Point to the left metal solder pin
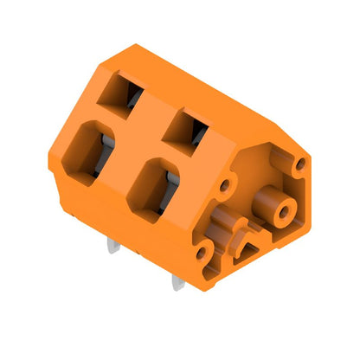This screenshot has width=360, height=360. (x=113, y=246)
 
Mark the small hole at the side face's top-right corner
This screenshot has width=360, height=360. (x=300, y=163)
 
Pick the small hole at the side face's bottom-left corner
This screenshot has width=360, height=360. (x=201, y=254)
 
